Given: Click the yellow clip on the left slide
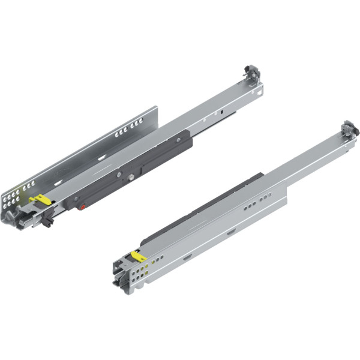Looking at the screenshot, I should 38,199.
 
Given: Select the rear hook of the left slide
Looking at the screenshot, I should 252,74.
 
